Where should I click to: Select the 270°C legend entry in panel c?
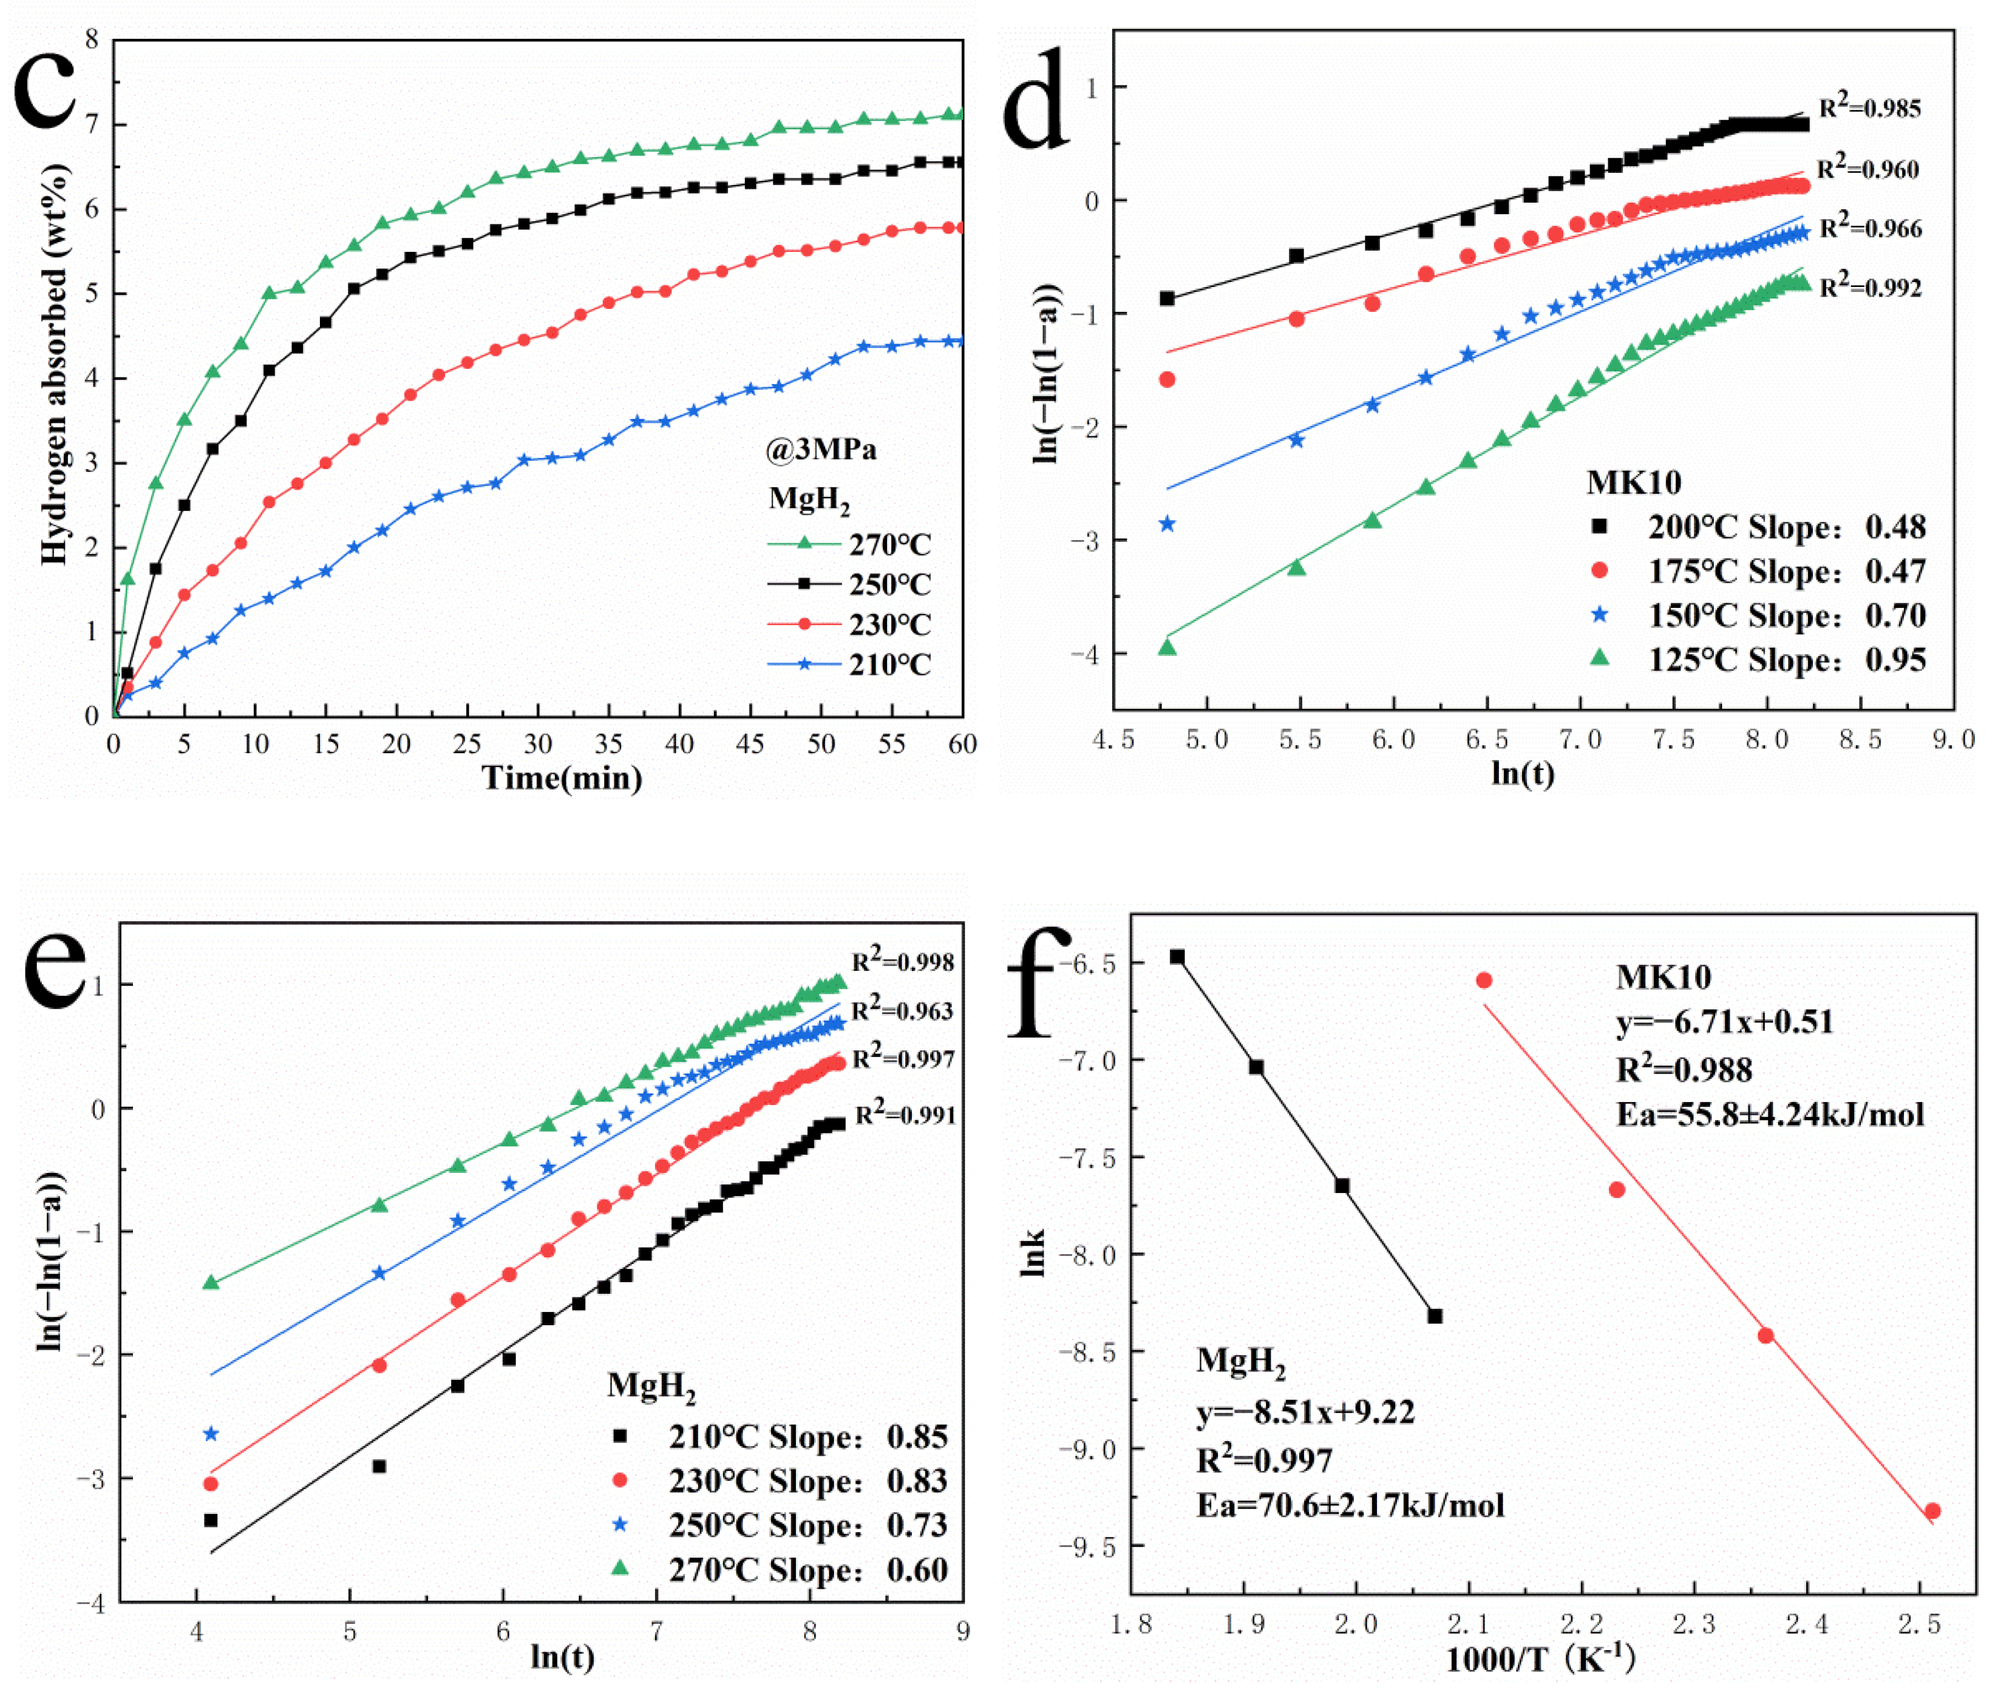tap(849, 544)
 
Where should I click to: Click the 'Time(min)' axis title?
tap(562, 777)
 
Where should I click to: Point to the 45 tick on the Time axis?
tap(750, 744)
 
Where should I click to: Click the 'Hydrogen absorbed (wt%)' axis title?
tap(55, 365)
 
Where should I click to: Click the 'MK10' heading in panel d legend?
tap(1633, 482)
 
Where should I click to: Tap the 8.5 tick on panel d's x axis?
tap(1860, 739)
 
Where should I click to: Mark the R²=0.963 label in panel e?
tap(902, 1010)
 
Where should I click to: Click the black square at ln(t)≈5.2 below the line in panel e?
tap(379, 1467)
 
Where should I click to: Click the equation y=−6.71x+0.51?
tap(1724, 1021)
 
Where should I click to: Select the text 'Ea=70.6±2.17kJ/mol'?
tap(1350, 1505)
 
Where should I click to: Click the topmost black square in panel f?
tap(1177, 957)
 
